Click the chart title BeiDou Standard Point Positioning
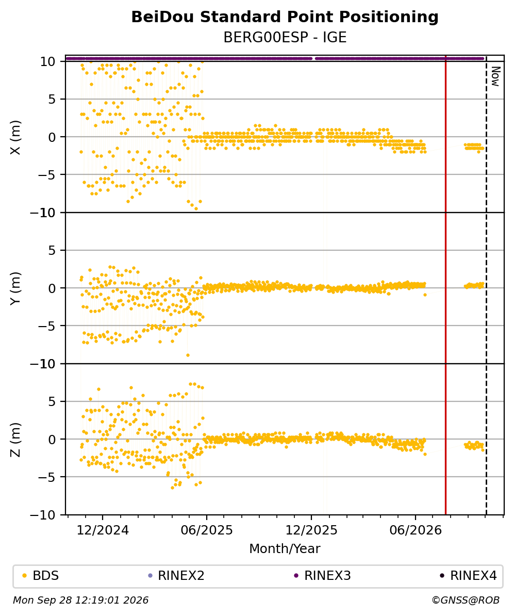pos(285,18)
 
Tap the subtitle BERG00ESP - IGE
pos(285,38)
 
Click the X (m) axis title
pos(15,138)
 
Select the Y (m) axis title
pos(15,288)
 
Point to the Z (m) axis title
pos(15,440)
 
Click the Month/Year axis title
pos(285,549)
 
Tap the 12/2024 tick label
pos(103,530)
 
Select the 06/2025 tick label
pos(207,530)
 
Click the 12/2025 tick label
pos(311,530)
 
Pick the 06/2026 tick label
pos(416,530)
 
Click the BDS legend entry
pos(41,576)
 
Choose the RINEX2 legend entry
pos(176,576)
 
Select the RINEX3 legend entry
pos(323,576)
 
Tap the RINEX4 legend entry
pos(469,576)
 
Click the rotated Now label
pos(495,76)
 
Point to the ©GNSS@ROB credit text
pos(466,601)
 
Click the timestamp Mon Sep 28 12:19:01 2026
pos(81,601)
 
